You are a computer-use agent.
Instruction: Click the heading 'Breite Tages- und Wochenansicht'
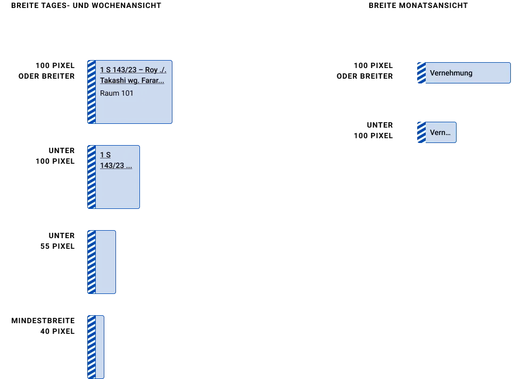(86, 5)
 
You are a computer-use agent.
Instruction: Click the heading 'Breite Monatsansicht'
(418, 5)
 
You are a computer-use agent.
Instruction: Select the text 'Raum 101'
(117, 93)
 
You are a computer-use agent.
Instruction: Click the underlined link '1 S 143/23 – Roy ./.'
(133, 70)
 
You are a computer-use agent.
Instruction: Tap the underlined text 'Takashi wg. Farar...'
(132, 80)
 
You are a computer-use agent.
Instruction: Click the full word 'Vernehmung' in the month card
(451, 73)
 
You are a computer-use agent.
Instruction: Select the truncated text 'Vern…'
(440, 132)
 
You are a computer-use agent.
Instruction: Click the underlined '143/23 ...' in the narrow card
(116, 165)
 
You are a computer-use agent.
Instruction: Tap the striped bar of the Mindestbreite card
(92, 347)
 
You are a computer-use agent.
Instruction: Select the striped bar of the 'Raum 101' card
(92, 92)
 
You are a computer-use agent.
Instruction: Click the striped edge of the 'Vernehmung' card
(421, 73)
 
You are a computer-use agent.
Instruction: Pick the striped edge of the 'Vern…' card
(421, 132)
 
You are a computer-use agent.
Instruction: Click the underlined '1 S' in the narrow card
(105, 155)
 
